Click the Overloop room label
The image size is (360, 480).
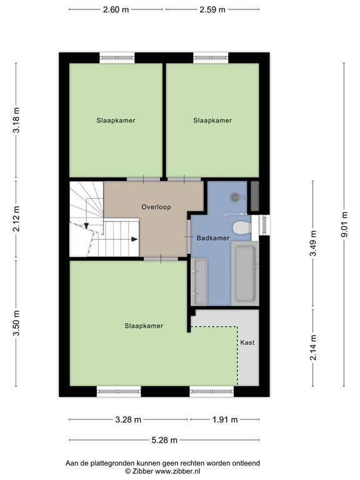156,207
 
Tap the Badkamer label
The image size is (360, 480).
212,238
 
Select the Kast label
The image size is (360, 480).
247,342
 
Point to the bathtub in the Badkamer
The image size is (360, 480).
245,273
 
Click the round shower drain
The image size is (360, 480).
235,197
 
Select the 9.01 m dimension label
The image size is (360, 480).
345,224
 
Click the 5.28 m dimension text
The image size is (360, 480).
164,440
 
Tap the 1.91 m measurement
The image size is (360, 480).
225,420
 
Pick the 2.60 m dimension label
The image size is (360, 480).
116,10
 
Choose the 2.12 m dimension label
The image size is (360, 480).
16,219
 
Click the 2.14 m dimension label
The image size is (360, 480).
313,347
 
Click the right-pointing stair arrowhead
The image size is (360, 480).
135,239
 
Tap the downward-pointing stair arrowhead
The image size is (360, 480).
86,226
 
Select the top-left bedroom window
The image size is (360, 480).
117,58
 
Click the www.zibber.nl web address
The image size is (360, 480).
177,471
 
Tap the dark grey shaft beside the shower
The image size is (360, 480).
255,196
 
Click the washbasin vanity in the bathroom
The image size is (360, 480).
199,282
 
